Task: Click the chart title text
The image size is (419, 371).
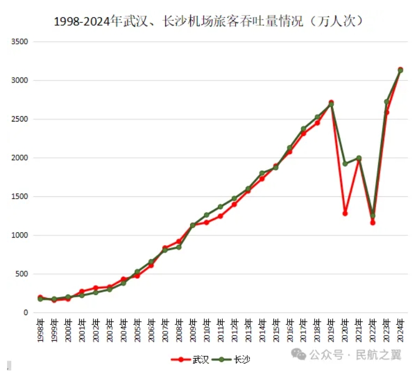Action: click(209, 21)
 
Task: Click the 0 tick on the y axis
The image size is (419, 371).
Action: click(25, 313)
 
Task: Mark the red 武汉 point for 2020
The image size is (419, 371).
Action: click(345, 213)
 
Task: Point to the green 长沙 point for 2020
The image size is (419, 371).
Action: click(345, 163)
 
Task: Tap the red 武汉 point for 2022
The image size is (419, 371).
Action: click(373, 222)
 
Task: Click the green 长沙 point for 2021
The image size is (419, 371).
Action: click(359, 158)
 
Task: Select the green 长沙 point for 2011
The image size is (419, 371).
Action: click(220, 207)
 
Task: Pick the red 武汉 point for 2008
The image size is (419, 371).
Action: click(179, 241)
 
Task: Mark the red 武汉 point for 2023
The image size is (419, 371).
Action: click(386, 112)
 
